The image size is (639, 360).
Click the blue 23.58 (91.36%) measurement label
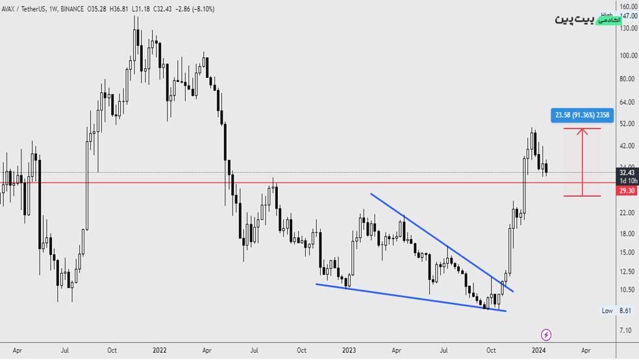[581, 116]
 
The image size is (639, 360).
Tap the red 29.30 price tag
[627, 190]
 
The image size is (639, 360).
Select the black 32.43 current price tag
[627, 173]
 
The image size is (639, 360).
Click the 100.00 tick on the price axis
[627, 55]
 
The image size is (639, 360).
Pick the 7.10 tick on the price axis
[626, 331]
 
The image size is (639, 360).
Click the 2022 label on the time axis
[160, 350]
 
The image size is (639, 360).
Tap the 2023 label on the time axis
[349, 350]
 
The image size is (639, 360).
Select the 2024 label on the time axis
[538, 350]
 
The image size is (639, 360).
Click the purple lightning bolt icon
[546, 335]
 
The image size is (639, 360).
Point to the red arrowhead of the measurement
[582, 131]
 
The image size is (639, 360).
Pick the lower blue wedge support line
[409, 297]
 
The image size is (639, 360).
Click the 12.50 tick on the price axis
[627, 272]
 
